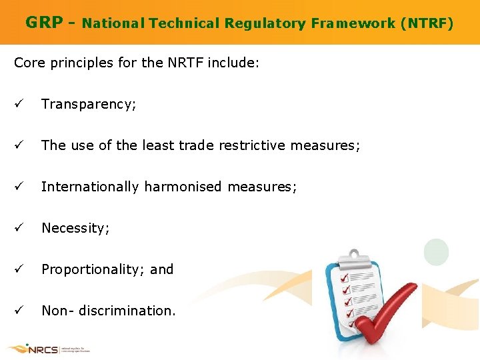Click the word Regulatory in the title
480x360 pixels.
point(264,24)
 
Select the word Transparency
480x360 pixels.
point(88,104)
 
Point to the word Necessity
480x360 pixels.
point(75,228)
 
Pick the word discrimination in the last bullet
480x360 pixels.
point(127,311)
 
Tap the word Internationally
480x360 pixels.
point(89,187)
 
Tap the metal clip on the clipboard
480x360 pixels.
point(357,257)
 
